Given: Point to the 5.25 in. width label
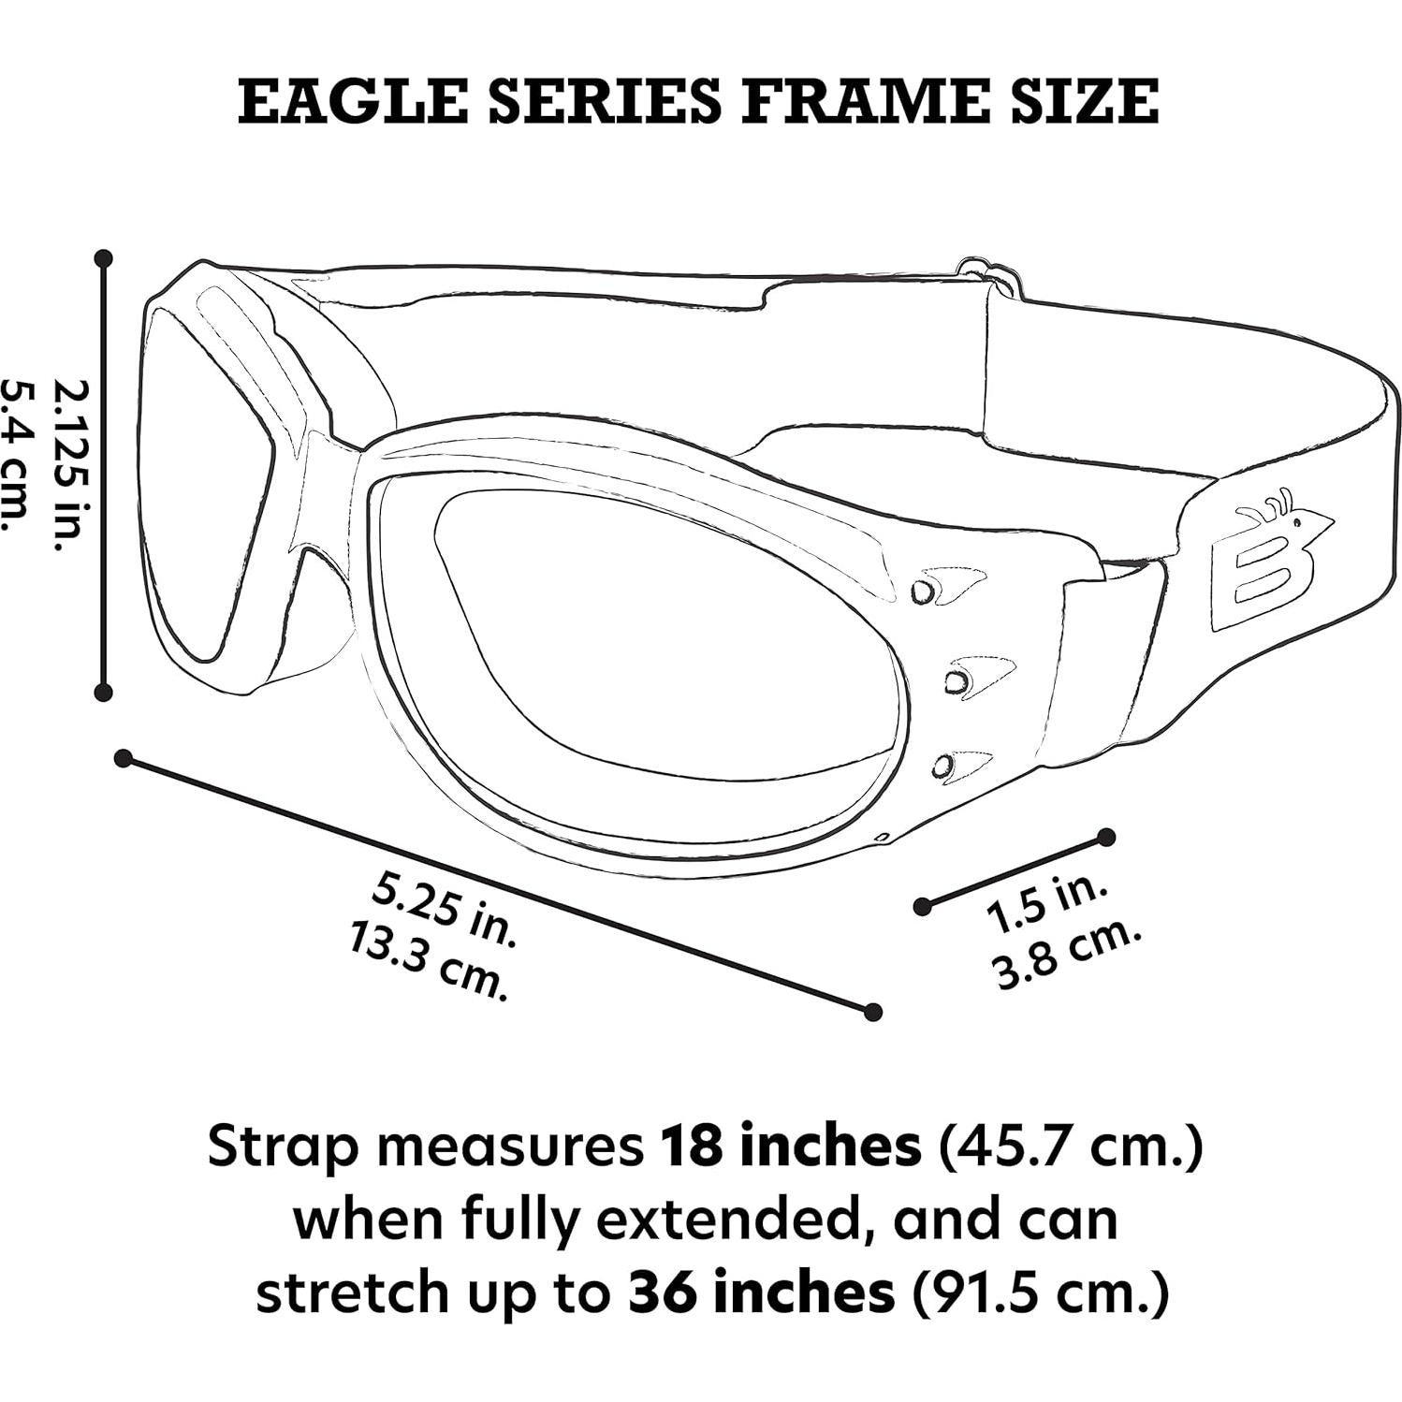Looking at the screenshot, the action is click(444, 907).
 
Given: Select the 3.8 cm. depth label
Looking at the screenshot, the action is click(1067, 954).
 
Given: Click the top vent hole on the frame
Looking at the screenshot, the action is click(924, 591).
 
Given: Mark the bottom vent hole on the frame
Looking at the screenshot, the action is click(943, 767).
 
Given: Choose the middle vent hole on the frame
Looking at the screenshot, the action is click(956, 681).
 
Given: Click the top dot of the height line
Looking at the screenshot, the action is click(104, 257).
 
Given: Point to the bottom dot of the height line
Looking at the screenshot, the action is click(104, 693).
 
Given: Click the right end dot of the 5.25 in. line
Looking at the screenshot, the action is click(872, 1011).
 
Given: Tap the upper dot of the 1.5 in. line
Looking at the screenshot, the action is click(1106, 836).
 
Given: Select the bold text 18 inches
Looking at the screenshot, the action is click(791, 1146).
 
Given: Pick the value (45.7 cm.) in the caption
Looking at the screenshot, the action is click(1071, 1146).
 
